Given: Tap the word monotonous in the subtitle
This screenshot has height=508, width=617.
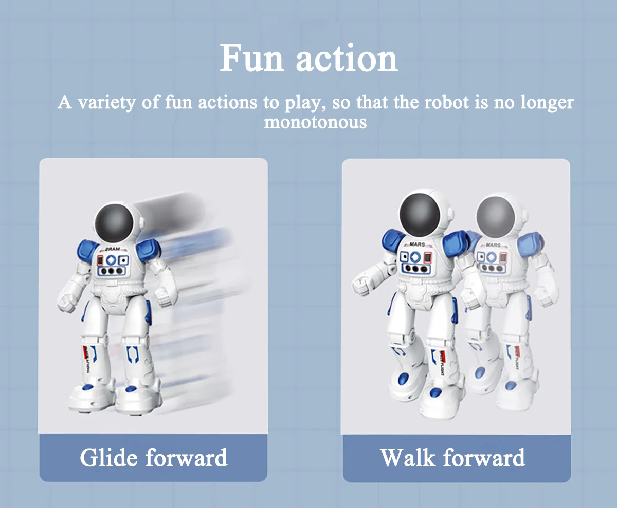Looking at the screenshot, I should [315, 122].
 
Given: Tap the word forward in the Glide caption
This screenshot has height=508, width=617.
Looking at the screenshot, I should [186, 457].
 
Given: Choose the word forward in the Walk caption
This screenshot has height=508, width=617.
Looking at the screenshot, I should [484, 457].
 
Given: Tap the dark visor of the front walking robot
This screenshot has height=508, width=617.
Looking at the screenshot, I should [420, 215].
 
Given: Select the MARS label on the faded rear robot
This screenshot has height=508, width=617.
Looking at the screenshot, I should [493, 245].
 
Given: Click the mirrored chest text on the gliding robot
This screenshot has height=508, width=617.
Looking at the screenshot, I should [112, 249].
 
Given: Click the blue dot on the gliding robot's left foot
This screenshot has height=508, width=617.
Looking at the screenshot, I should [88, 386].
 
